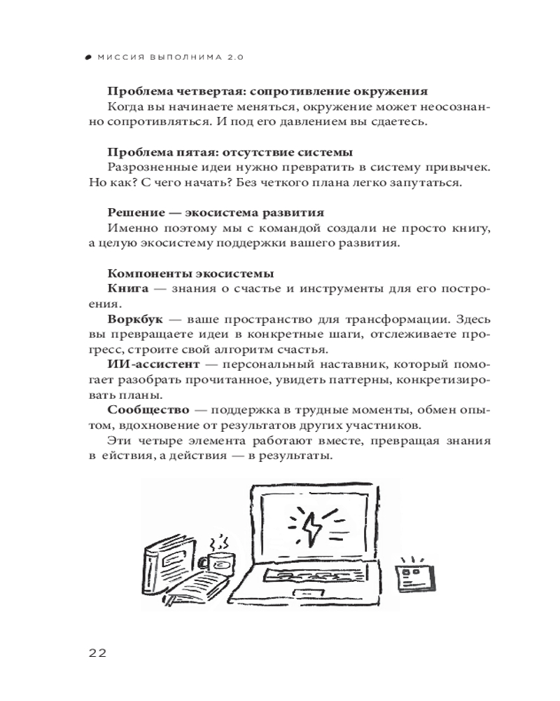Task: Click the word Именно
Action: pyautogui.click(x=131, y=229)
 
